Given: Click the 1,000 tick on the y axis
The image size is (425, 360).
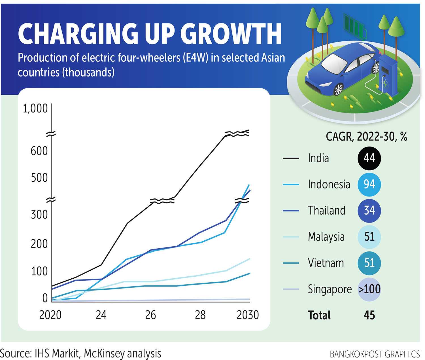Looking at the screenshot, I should click(35, 108).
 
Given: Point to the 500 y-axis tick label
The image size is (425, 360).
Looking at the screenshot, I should click(39, 178).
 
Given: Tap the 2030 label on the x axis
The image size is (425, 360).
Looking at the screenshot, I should click(248, 315).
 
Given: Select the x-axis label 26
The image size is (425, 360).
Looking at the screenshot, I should click(150, 315).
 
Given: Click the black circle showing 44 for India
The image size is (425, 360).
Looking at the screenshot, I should click(369, 158).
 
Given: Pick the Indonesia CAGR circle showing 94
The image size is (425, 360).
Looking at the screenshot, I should click(369, 185).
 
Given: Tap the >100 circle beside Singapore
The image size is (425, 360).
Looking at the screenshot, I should click(369, 289).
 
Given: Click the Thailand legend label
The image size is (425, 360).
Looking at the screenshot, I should click(327, 211).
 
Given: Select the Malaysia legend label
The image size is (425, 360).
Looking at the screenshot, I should click(326, 237).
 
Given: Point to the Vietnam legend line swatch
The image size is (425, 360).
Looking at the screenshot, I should click(291, 263).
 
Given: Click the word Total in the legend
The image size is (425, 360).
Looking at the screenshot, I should click(319, 315).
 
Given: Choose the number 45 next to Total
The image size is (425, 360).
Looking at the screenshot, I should click(369, 315).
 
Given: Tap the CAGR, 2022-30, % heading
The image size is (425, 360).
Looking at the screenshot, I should click(366, 137).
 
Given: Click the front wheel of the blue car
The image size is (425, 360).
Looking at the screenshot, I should click(338, 90).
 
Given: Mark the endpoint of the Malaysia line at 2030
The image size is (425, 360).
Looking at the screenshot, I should click(250, 259).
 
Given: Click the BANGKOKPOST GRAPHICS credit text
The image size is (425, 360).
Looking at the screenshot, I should click(375, 354).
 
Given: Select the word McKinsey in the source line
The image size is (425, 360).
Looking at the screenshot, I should click(104, 353).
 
